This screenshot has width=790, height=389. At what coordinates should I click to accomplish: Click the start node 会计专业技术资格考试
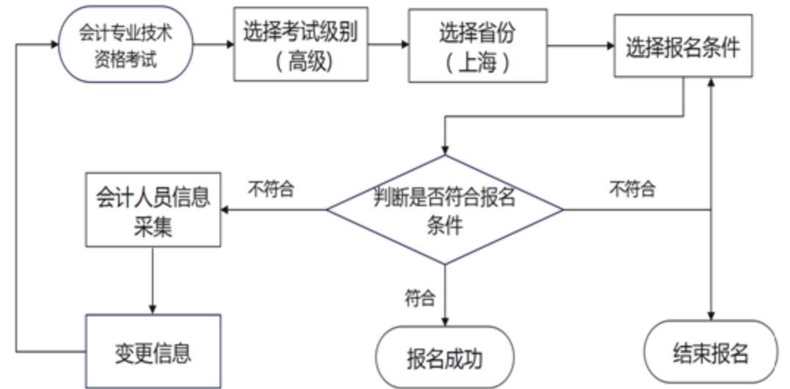126,45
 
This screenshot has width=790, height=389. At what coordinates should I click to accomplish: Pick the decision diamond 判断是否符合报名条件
445,210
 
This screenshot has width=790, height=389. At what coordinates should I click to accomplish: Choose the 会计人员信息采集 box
153,209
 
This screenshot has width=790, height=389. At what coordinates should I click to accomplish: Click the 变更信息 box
153,352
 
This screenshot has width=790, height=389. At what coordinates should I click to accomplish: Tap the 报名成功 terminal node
445,357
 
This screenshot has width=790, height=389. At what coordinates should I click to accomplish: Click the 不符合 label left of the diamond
270,189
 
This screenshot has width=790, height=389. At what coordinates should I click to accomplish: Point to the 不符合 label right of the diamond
632,189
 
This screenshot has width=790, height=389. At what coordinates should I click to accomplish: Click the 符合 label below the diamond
420,298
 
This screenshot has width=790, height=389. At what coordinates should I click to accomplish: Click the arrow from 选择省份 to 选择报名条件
581,46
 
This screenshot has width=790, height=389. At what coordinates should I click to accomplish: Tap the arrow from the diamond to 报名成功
445,294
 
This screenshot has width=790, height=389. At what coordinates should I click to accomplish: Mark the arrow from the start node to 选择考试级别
214,45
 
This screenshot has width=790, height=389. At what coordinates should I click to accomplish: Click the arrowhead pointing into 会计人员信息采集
226,210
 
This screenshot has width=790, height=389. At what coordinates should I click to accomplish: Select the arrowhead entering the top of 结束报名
710,314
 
